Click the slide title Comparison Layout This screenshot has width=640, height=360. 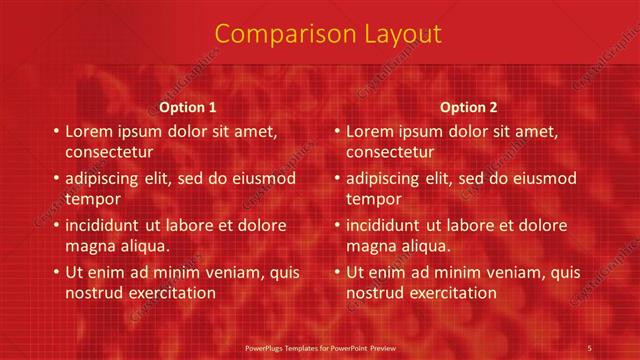point(327,34)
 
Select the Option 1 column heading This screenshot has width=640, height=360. point(188,107)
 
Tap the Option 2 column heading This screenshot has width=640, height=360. point(468,107)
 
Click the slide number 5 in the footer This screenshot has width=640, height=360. point(590,347)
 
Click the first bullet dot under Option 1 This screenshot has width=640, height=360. point(55,131)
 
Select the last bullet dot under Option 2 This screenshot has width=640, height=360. point(336,272)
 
